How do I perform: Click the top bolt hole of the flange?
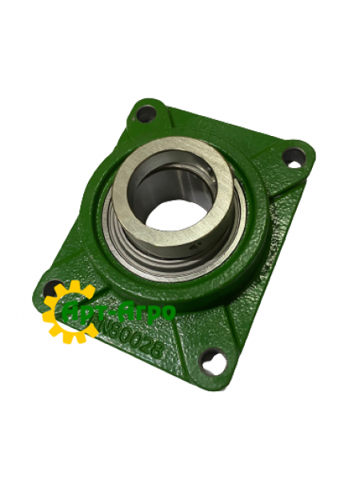(146, 114)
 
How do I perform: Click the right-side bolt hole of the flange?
(294, 158)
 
